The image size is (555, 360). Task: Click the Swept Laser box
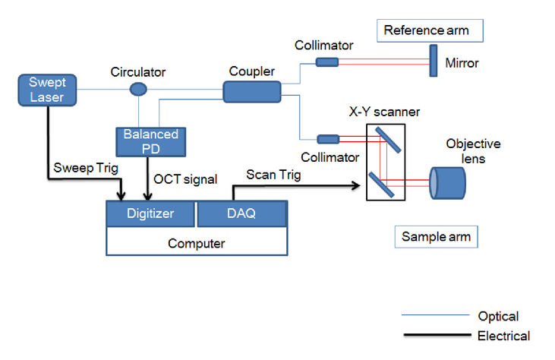47,90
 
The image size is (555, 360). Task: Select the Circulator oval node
138,89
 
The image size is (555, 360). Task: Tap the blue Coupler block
252,92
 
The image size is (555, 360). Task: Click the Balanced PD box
151,142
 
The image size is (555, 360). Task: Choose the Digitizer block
150,213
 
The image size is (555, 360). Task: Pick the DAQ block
241,213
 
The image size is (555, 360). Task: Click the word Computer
197,244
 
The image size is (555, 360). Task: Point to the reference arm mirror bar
434,61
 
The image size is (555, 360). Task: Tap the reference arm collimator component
327,62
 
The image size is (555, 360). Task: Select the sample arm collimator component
328,139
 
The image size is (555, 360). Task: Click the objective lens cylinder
447,183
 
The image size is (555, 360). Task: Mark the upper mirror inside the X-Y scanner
388,141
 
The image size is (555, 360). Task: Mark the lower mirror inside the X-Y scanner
382,185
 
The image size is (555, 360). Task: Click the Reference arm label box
430,31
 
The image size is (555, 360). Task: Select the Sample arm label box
437,237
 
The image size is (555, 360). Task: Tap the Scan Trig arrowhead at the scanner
357,185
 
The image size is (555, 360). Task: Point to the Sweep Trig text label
86,168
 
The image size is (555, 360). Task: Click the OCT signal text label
185,179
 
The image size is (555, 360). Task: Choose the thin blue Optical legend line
436,314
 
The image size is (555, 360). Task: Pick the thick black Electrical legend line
437,334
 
